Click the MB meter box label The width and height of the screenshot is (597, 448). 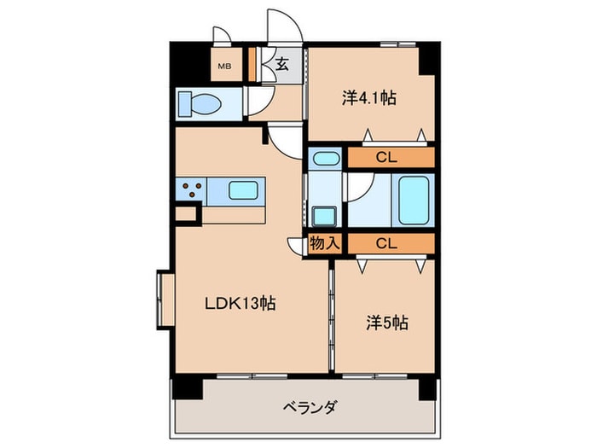[x=224, y=66]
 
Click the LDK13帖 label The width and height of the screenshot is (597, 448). [x=238, y=303]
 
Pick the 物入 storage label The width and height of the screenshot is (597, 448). [x=325, y=243]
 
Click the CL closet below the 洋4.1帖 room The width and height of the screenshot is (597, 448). [x=387, y=158]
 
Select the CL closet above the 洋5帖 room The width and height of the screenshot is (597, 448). [x=387, y=243]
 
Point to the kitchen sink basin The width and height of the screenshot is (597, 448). [x=243, y=189]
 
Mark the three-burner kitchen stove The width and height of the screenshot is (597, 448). [x=192, y=189]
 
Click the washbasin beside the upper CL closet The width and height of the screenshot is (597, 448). [x=325, y=158]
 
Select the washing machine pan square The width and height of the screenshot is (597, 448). [x=324, y=216]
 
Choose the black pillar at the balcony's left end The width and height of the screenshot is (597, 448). [x=188, y=388]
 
